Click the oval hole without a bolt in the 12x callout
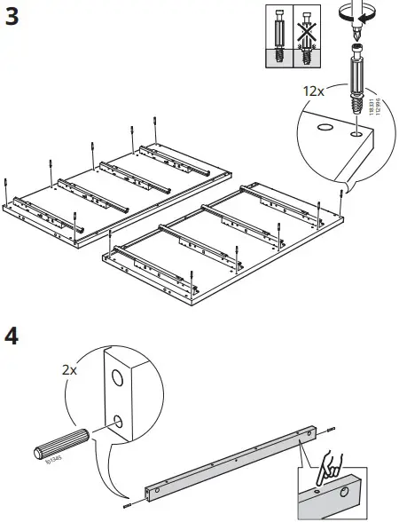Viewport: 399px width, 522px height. pyautogui.click(x=324, y=126)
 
